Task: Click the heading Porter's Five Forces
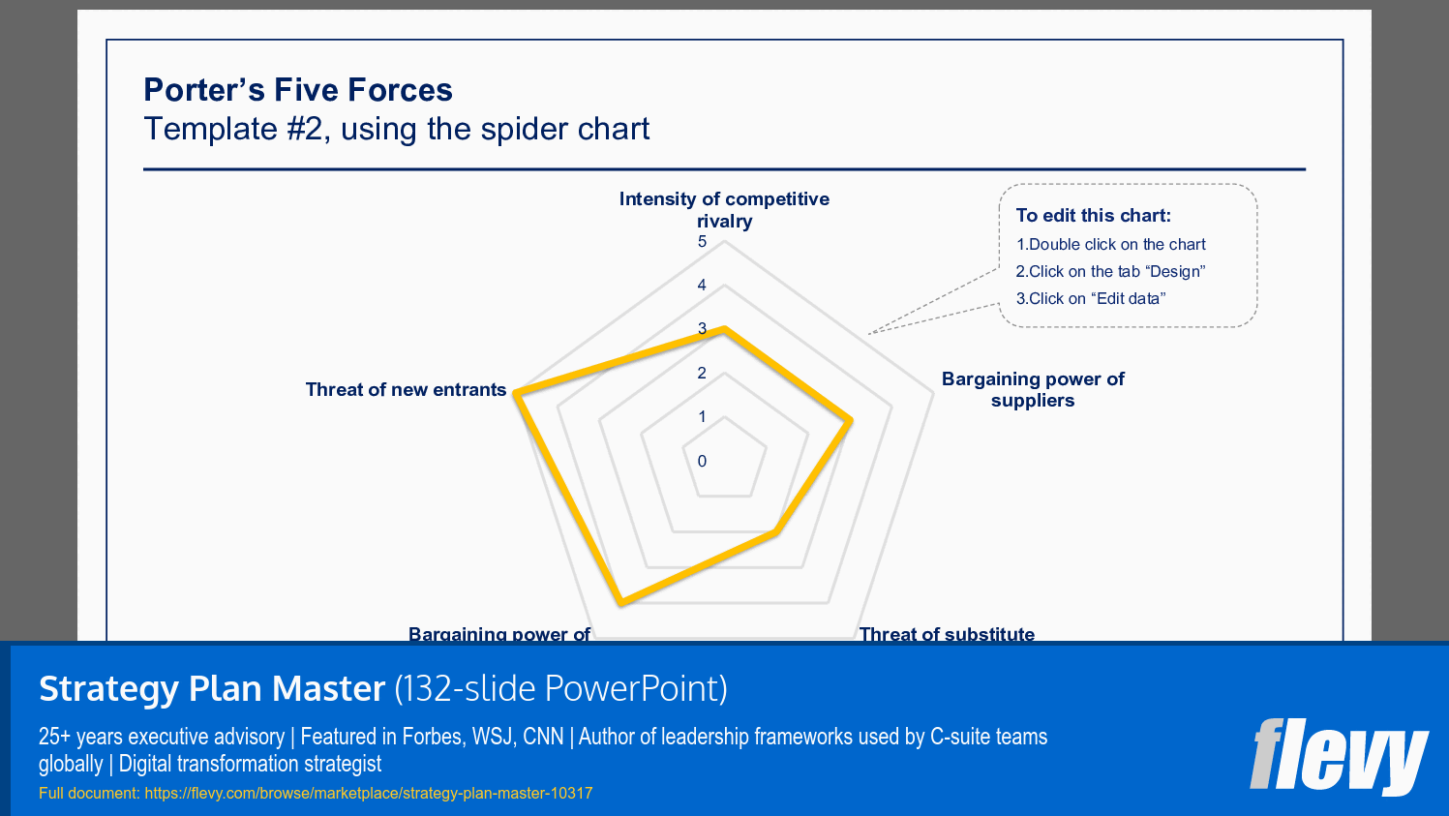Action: point(297,90)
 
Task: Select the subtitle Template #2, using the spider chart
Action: point(396,129)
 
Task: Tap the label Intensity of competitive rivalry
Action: point(724,209)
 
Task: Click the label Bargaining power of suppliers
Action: point(1032,389)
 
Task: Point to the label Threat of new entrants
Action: point(406,389)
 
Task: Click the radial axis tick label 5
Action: point(702,242)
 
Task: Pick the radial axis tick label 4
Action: point(702,286)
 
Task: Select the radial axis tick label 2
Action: point(702,374)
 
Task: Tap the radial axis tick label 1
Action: point(702,417)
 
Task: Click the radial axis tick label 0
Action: point(702,461)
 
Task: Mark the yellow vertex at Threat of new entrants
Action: point(518,394)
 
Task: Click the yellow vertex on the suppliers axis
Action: point(850,421)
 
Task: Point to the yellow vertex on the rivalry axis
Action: point(724,330)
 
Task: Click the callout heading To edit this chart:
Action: point(1093,216)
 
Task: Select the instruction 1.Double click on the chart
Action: point(1110,245)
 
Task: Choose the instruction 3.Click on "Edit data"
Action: point(1090,299)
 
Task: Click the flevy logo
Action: point(1338,755)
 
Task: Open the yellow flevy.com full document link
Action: point(368,794)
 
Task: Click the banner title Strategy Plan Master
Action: point(212,688)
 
